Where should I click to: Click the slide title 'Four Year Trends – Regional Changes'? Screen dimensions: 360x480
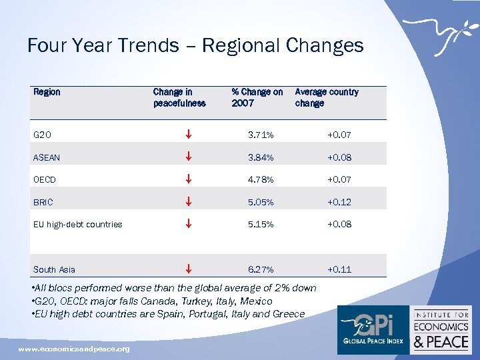point(195,45)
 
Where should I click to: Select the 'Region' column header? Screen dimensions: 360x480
point(47,92)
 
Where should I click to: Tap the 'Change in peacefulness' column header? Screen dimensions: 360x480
point(179,97)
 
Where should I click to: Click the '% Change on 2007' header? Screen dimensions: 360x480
point(257,97)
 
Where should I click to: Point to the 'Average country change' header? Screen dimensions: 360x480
point(327,97)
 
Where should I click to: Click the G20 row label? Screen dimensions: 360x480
point(42,135)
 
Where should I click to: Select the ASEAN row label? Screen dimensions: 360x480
point(47,158)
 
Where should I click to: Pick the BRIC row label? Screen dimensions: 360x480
point(43,202)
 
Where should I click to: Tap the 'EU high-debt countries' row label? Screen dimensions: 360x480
point(78,224)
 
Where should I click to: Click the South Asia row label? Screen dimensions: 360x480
point(54,269)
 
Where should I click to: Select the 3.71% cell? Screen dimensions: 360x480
point(260,135)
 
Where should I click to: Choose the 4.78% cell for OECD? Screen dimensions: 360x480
point(260,179)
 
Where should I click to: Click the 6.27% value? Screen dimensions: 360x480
point(260,269)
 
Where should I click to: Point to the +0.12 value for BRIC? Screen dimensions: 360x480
point(339,202)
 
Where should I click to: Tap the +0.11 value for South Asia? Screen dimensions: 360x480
point(339,269)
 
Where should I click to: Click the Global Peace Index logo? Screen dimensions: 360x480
point(373,329)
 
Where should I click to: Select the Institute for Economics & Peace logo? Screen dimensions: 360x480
point(441,329)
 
